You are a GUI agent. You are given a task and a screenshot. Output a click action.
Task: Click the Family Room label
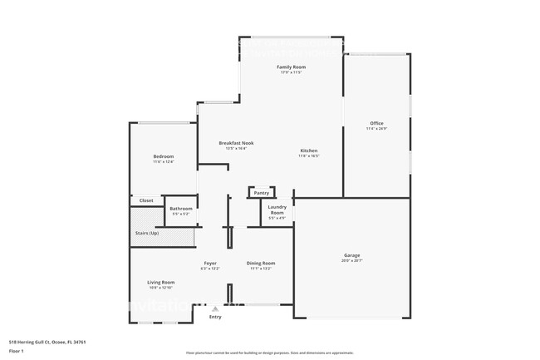pos(291,67)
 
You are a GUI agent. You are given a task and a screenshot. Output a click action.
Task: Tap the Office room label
pos(376,123)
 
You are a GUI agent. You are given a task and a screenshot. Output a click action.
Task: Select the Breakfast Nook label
pos(236,143)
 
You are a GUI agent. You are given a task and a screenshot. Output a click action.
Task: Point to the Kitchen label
pos(309,150)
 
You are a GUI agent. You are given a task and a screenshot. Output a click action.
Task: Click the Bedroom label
pos(163,156)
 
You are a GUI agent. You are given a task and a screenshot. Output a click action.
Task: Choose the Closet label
pos(146,200)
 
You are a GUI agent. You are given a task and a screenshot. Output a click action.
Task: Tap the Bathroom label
pos(181,209)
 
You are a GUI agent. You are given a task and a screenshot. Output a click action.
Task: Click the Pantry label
pos(262,193)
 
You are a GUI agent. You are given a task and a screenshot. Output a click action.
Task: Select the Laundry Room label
pos(277,210)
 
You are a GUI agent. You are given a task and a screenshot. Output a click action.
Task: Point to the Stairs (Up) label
pos(147,234)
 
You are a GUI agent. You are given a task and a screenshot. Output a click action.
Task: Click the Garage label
pos(352,255)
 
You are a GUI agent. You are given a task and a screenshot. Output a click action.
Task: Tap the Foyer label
pos(210,264)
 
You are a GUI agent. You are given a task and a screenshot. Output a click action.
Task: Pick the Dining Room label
pos(261,264)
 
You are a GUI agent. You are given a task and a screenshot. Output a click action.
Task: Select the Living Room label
pos(161,282)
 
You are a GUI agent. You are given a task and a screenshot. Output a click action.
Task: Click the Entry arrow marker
pos(215,308)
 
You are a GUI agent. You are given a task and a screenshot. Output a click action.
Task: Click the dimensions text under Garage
pos(352,261)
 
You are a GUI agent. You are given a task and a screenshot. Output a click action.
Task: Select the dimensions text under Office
pos(376,129)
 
